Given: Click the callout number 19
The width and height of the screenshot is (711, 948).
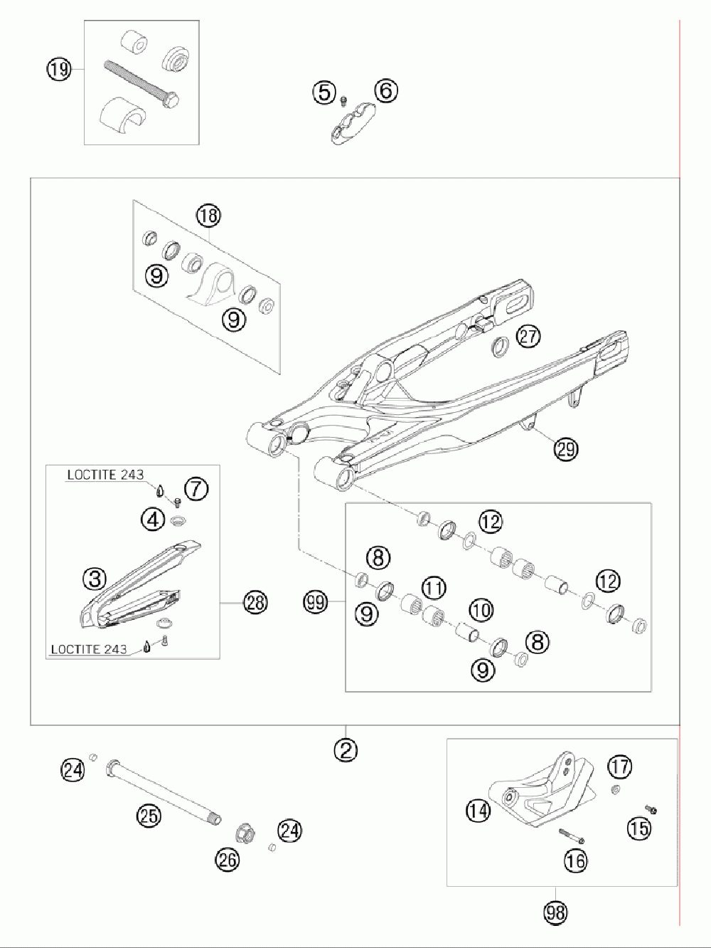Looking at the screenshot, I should (60, 69).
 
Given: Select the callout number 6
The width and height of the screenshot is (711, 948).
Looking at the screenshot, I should (385, 90).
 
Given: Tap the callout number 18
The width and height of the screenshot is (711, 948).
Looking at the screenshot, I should (209, 214).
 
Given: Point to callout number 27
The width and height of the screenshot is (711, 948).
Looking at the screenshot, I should (528, 335).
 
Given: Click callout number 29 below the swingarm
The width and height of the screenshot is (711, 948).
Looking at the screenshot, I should (567, 448).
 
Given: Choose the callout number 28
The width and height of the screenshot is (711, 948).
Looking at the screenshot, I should (255, 603).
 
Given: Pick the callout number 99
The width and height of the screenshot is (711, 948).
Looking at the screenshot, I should (316, 603).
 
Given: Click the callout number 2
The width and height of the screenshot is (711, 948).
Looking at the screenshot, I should (346, 749).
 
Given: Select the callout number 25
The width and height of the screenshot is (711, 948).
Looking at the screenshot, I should (149, 816).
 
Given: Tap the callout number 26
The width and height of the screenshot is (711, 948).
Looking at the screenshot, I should (228, 859).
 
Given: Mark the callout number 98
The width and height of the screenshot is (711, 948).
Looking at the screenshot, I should (556, 912).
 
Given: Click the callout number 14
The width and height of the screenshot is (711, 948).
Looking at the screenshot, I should (479, 809).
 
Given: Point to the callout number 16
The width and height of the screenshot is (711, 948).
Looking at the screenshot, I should (576, 860).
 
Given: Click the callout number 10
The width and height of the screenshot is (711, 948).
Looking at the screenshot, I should (481, 609).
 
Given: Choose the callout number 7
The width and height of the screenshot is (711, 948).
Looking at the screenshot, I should (196, 488).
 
